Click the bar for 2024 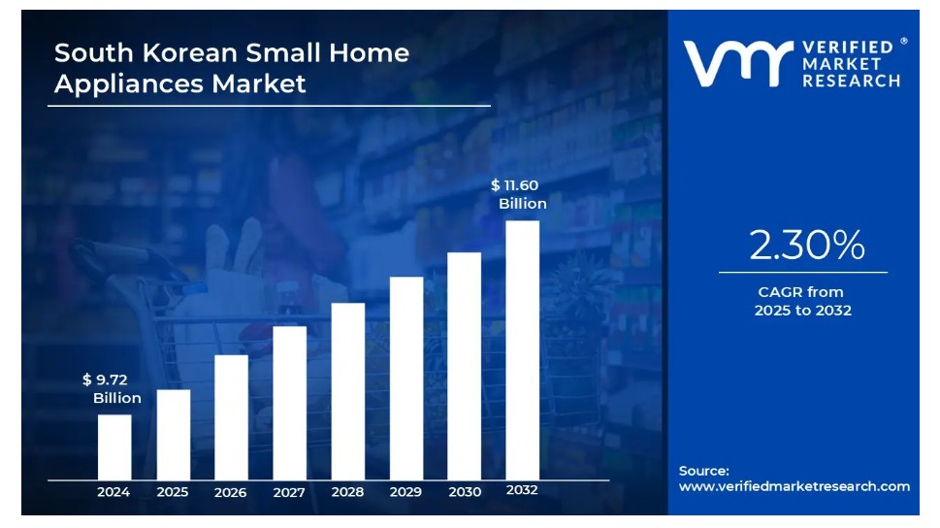114,446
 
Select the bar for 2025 173,434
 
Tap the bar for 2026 231,416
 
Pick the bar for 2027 289,402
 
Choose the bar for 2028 347,390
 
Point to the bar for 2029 405,378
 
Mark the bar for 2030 464,365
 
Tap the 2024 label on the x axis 113,492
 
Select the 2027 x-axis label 289,492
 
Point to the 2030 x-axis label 464,492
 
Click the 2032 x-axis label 522,490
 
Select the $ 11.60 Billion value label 519,194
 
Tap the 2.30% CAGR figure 806,247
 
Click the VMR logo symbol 733,63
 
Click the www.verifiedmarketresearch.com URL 794,486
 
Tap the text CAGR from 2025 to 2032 802,301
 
